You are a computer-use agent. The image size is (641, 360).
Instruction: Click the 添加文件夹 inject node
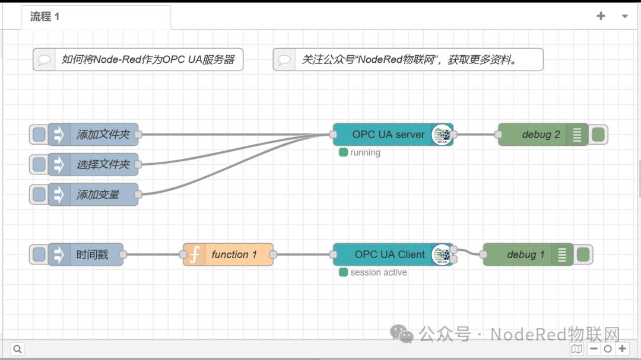tap(103, 135)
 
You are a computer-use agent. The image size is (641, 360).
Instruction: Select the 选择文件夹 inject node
tap(103, 164)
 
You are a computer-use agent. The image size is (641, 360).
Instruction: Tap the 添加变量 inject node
tap(98, 194)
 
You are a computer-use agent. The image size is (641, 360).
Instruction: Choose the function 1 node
tap(233, 254)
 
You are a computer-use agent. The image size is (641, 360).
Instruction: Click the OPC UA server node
tap(388, 135)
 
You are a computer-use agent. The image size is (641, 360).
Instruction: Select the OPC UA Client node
tap(389, 254)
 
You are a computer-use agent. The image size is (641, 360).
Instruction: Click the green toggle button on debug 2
tap(598, 135)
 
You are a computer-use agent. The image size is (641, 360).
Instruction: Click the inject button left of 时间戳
tap(39, 254)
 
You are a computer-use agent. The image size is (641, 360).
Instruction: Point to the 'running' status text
tap(365, 152)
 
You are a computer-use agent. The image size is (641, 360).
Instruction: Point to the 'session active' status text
tap(378, 272)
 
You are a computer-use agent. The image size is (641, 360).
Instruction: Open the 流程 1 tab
tap(45, 17)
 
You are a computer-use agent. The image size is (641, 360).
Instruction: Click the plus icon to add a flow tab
tap(601, 16)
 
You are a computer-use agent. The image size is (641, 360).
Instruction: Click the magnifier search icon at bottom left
tap(17, 349)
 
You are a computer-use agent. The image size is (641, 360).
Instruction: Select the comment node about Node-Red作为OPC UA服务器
tap(148, 59)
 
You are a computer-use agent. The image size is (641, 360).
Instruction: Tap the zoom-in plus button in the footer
tap(622, 349)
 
